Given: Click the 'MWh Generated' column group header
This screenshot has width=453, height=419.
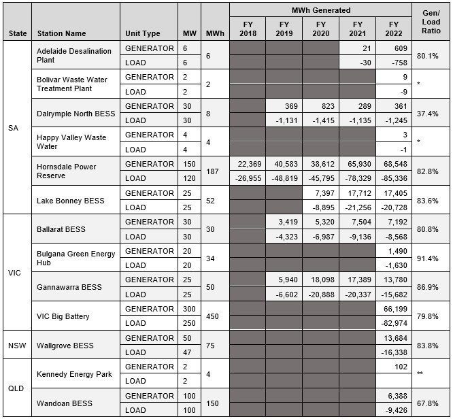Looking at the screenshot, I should (x=321, y=10).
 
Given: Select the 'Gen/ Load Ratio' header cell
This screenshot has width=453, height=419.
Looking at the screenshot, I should (x=432, y=22).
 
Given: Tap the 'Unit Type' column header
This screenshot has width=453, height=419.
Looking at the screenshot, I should (x=143, y=33).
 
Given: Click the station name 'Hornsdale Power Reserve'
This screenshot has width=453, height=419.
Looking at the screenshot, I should (x=66, y=171).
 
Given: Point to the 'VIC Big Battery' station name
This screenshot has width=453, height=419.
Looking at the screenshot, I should (x=63, y=316).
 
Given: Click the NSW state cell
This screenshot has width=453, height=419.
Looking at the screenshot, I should (x=16, y=346).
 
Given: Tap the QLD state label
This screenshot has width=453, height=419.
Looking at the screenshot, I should (x=16, y=389).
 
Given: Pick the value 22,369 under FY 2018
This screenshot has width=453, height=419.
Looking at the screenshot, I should (x=247, y=165).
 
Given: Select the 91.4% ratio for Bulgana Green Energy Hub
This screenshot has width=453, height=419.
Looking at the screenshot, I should (x=431, y=258).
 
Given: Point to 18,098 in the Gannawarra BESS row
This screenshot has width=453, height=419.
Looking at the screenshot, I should (x=321, y=280).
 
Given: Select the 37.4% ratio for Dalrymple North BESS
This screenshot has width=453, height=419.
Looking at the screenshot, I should (x=431, y=114).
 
